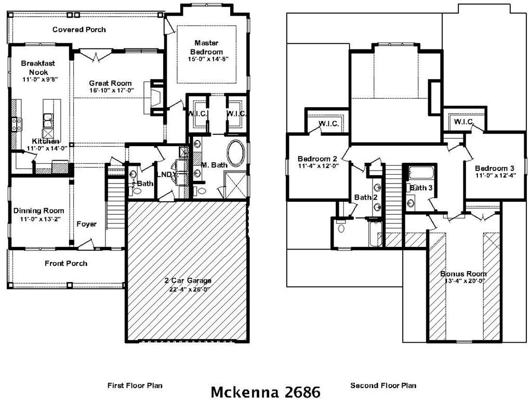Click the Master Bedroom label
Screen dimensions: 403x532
pyautogui.click(x=206, y=47)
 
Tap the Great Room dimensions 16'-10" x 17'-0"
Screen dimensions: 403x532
pyautogui.click(x=111, y=90)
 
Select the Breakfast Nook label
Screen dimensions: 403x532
pyautogui.click(x=38, y=68)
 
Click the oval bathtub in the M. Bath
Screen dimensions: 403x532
pyautogui.click(x=236, y=153)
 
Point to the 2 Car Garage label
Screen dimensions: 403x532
pyautogui.click(x=189, y=281)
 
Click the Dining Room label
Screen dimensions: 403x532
pyautogui.click(x=39, y=211)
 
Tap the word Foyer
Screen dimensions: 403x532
pyautogui.click(x=86, y=224)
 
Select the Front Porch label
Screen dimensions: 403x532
pyautogui.click(x=66, y=263)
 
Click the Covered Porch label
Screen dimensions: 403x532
pyautogui.click(x=79, y=30)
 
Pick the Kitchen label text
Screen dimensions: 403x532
pyautogui.click(x=46, y=141)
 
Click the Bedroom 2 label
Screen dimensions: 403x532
pyautogui.click(x=317, y=159)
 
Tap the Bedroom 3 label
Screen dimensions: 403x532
pyautogui.click(x=495, y=168)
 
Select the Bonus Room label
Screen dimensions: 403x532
pyautogui.click(x=463, y=274)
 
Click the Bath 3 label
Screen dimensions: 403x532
pyautogui.click(x=421, y=188)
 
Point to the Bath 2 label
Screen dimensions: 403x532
pyautogui.click(x=363, y=197)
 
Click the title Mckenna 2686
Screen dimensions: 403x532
pyautogui.click(x=265, y=391)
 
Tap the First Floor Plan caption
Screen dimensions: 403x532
pyautogui.click(x=135, y=385)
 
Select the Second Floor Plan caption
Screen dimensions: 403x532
pyautogui.click(x=383, y=385)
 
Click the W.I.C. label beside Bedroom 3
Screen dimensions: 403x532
pyautogui.click(x=463, y=122)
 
